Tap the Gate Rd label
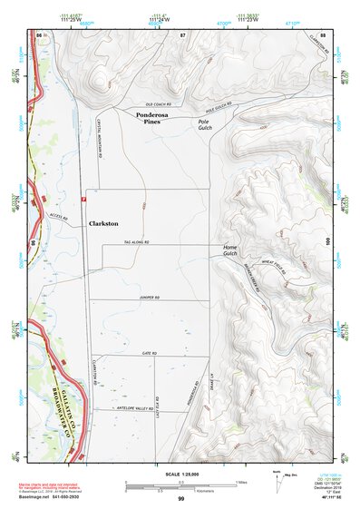(x=150, y=353)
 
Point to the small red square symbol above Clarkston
(x=83, y=197)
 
